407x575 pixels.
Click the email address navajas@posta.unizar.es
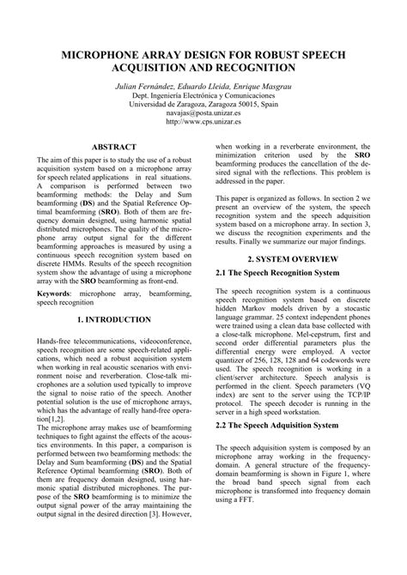coord(203,112)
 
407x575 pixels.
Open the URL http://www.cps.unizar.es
coord(203,122)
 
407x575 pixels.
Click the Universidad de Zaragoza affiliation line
coord(203,103)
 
